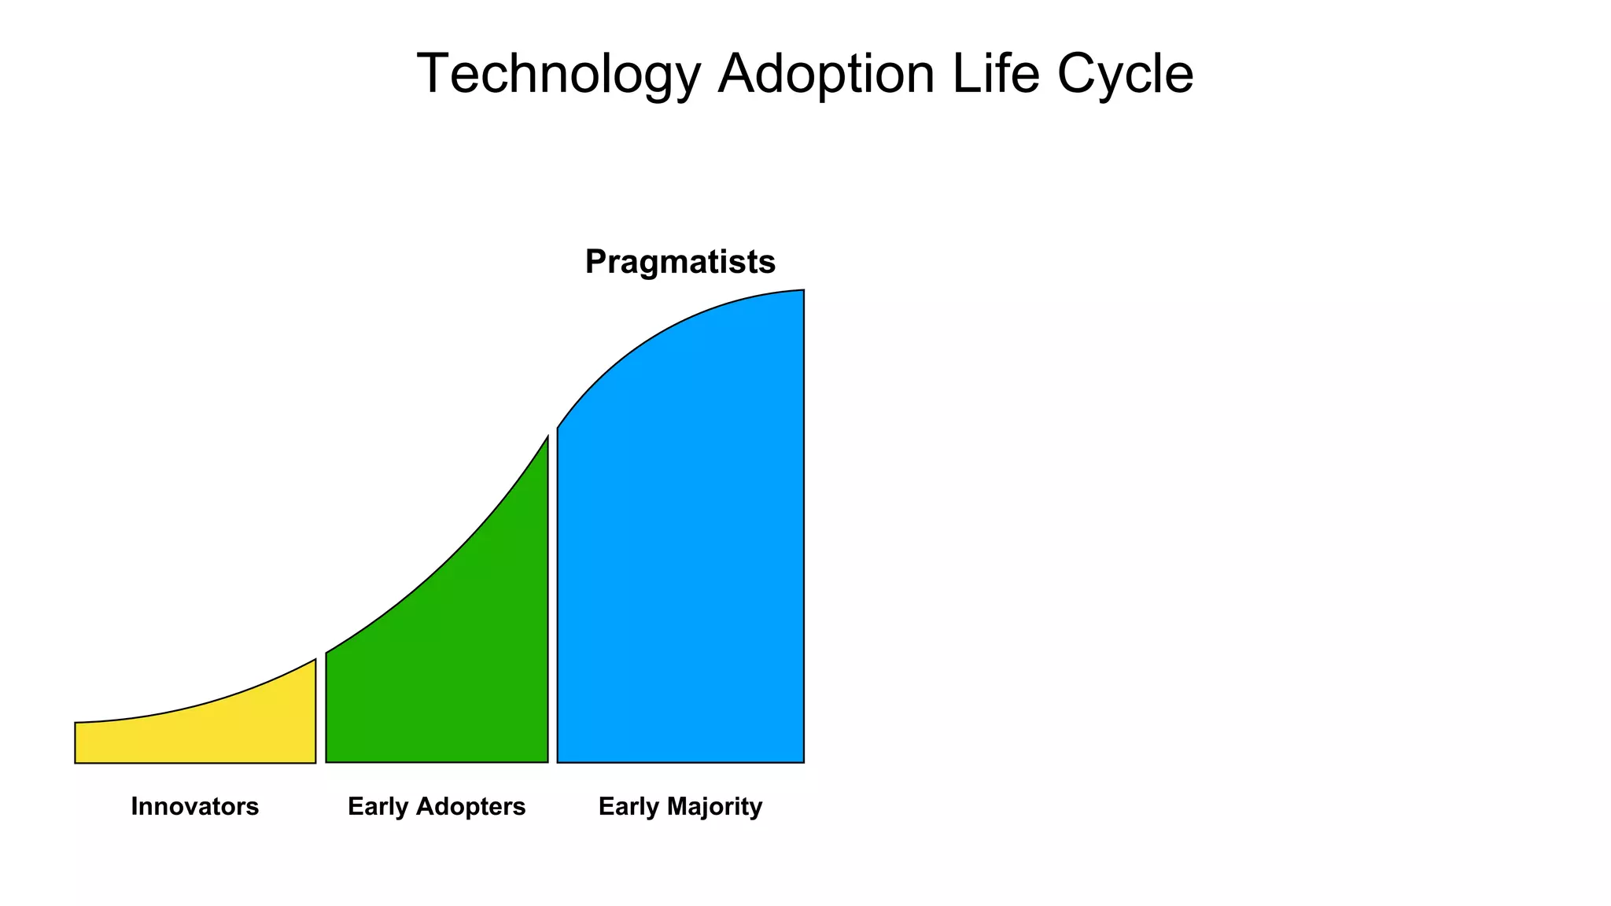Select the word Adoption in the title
[x=826, y=75]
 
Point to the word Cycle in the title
[x=1125, y=75]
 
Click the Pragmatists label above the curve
[x=680, y=262]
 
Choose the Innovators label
[x=195, y=807]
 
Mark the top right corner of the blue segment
[x=803, y=291]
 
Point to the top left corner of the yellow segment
[x=76, y=723]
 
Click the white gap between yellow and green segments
[x=321, y=716]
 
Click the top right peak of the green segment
[x=547, y=438]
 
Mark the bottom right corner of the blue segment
[x=803, y=761]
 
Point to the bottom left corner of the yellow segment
[x=76, y=762]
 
